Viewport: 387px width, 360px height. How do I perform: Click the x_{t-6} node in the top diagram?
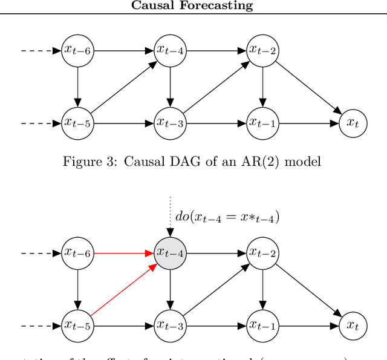tap(77, 50)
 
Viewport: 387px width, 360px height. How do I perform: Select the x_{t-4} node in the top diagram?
tap(170, 50)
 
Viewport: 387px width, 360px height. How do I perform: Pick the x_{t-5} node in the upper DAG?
tap(77, 123)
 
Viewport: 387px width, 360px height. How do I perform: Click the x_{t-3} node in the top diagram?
tap(170, 123)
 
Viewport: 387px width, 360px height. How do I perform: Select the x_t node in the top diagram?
tap(353, 123)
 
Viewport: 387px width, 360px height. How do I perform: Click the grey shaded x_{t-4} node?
tap(170, 253)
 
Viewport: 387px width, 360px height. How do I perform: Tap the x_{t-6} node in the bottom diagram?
tap(77, 253)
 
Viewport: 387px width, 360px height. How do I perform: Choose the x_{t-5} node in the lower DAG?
tap(77, 326)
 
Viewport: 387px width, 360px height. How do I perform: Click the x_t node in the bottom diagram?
tap(353, 326)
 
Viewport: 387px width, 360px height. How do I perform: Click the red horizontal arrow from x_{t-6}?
tap(123, 253)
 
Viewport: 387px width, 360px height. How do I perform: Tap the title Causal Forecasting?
tap(193, 6)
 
